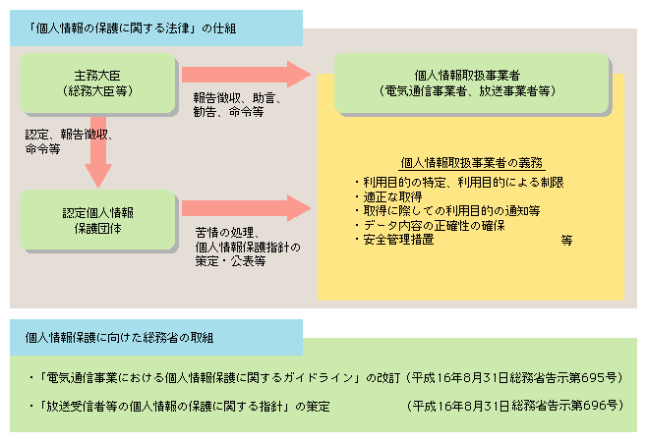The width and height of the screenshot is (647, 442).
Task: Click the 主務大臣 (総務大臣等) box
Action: click(x=96, y=83)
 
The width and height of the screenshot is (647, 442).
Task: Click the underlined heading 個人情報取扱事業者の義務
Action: click(x=472, y=163)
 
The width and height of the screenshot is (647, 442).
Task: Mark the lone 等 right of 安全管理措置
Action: click(x=566, y=240)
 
